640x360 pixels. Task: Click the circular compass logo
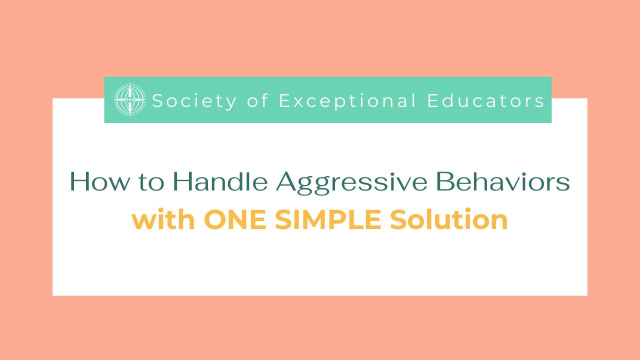[x=130, y=100]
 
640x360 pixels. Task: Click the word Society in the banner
[x=194, y=101]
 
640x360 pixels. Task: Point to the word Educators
[x=485, y=101]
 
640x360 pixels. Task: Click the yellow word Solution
[x=449, y=220]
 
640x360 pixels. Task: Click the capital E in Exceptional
[x=284, y=101]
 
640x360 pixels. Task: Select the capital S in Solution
[x=398, y=220]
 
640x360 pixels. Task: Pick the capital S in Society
[x=157, y=101]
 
